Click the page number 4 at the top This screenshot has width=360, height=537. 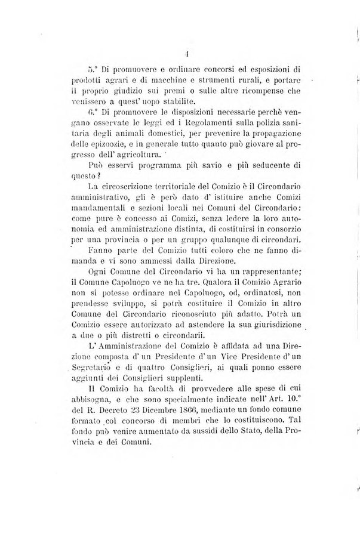click(x=187, y=52)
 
